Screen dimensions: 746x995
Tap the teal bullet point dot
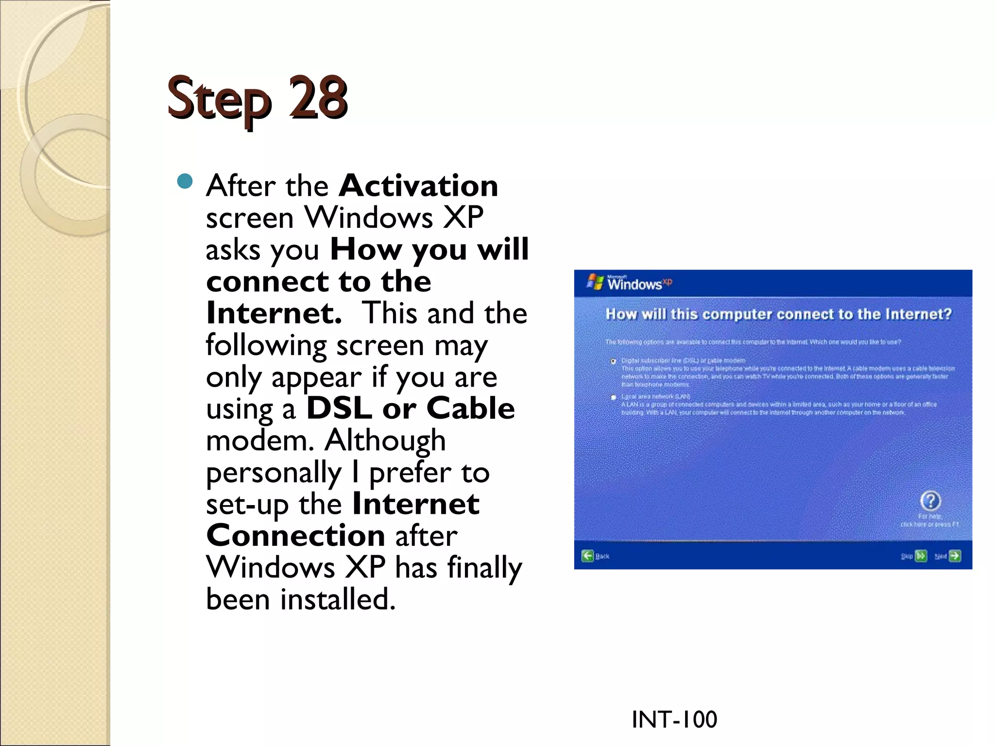click(x=185, y=181)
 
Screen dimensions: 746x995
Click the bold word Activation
click(x=418, y=186)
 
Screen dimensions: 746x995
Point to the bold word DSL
click(x=339, y=408)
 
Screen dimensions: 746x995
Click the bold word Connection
click(x=296, y=535)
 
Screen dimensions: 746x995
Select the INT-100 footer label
click(x=674, y=719)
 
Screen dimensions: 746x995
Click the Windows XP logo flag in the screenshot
click(x=595, y=282)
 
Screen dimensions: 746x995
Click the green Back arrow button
click(x=588, y=556)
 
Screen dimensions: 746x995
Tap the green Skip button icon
click(x=921, y=556)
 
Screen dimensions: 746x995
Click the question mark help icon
click(x=930, y=500)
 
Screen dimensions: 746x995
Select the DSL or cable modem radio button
click(x=614, y=361)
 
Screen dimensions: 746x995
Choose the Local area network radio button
click(x=614, y=397)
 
